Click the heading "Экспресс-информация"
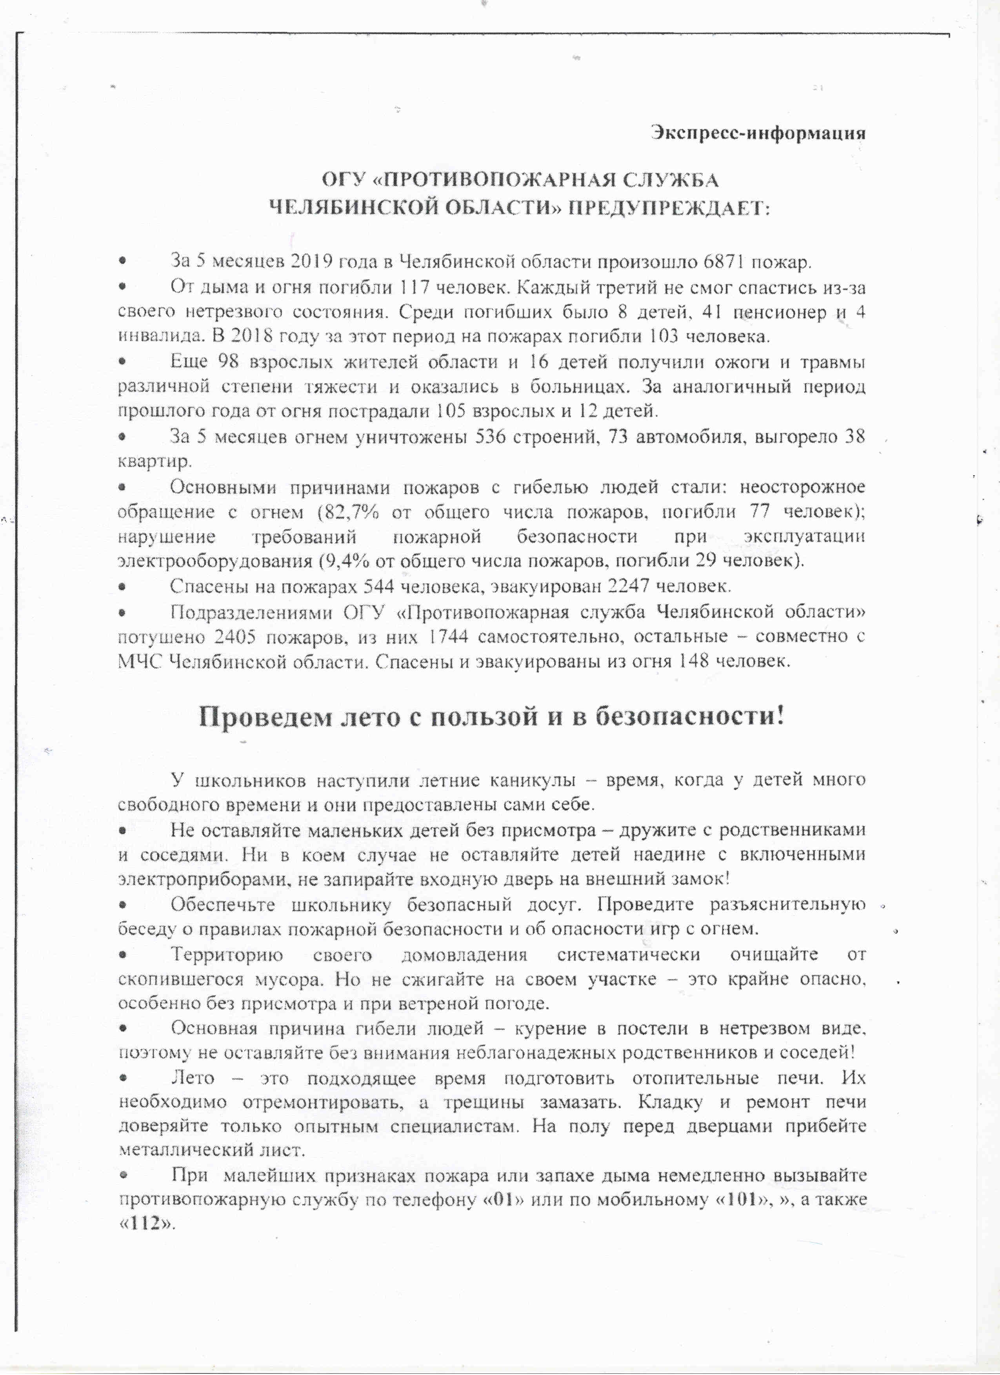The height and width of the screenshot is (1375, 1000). point(758,132)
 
